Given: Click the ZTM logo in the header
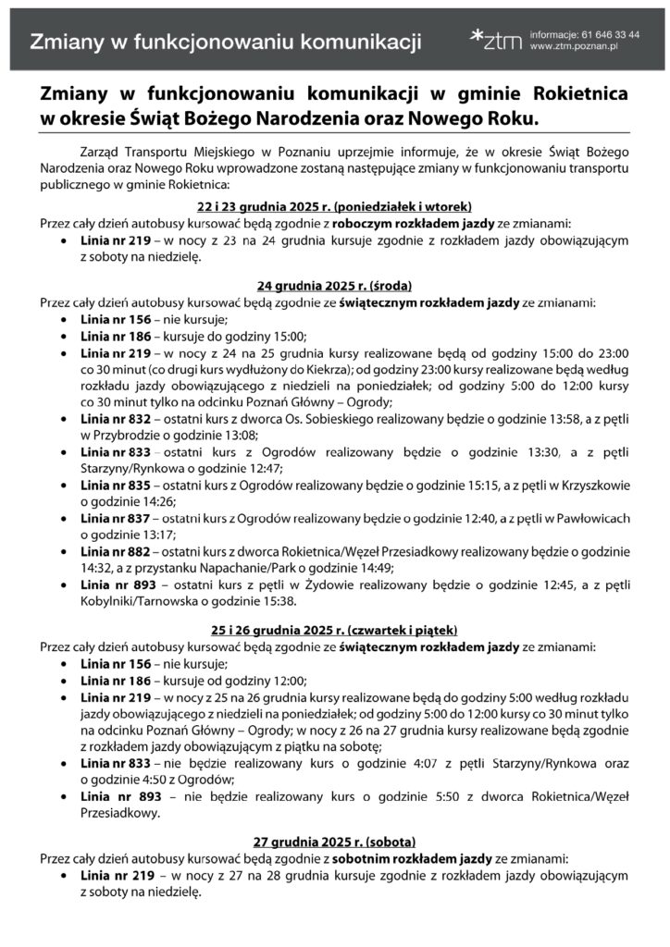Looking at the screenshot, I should (x=496, y=37).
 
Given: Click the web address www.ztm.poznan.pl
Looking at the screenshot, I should (x=574, y=46).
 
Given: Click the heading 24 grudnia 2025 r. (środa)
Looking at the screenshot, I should (x=334, y=286).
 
